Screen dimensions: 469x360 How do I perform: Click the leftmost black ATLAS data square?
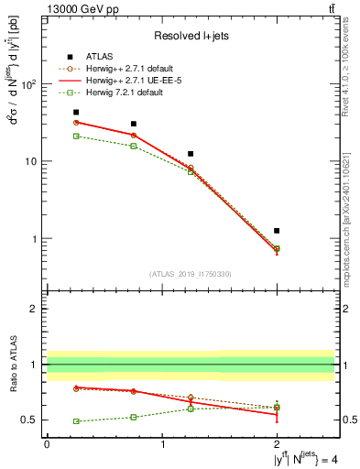76,113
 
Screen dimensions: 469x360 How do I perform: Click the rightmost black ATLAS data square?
277,231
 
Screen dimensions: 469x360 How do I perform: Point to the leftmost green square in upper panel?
76,136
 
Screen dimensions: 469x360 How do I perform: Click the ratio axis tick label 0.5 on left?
30,420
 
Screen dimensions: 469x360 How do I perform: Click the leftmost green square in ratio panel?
76,421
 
